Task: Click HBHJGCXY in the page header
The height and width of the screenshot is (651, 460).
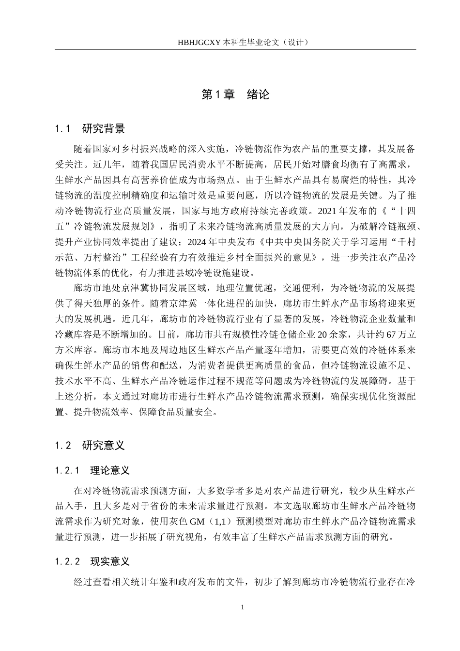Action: click(199, 42)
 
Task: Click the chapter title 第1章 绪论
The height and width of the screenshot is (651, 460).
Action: click(235, 94)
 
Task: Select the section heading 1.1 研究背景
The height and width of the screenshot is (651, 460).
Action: click(90, 129)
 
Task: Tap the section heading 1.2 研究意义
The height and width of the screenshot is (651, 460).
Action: click(90, 446)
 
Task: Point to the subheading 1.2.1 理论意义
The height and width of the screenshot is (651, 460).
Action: click(92, 470)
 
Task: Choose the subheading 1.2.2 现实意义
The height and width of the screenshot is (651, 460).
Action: click(92, 562)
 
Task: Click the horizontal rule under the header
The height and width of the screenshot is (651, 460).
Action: click(235, 49)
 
